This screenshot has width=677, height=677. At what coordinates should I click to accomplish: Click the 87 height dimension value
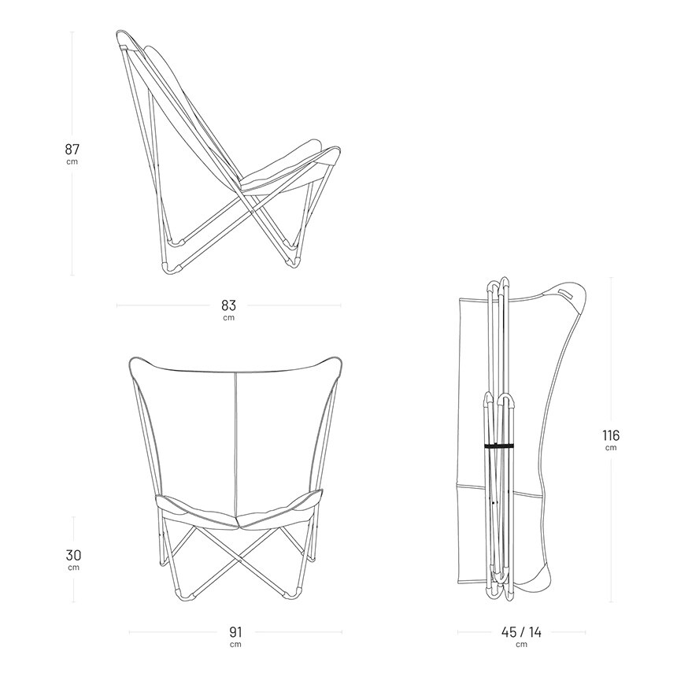click(x=72, y=150)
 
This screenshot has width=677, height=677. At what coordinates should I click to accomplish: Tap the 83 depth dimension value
click(x=229, y=305)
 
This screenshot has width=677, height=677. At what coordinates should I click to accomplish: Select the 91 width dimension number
click(x=235, y=633)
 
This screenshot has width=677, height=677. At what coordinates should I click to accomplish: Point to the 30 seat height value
click(x=73, y=555)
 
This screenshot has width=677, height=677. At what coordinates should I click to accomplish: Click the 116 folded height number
click(x=611, y=435)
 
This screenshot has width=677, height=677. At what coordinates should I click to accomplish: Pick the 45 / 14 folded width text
click(x=521, y=633)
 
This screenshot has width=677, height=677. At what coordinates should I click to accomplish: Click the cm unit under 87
click(x=72, y=162)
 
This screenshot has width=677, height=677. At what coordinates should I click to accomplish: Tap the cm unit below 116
click(x=611, y=448)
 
